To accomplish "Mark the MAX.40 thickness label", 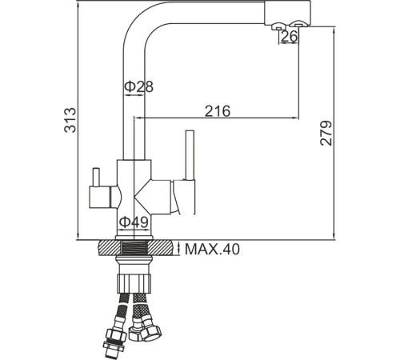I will click(x=212, y=250).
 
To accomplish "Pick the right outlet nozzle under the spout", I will click(x=302, y=30).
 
